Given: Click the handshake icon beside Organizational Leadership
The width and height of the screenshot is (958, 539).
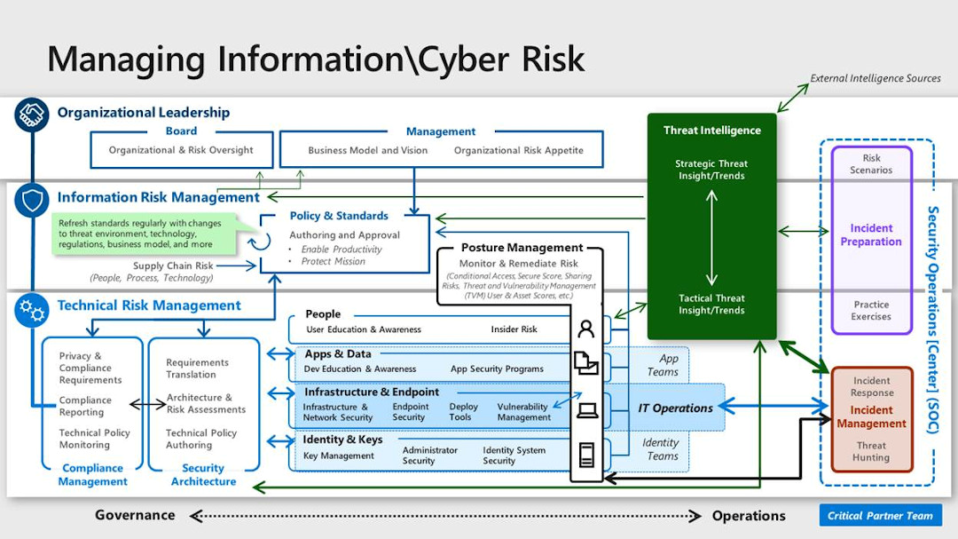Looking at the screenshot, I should click(32, 114).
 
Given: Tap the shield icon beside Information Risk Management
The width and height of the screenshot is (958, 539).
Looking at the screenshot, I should click(32, 200).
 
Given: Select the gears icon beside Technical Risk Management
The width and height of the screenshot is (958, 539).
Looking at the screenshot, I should click(32, 309).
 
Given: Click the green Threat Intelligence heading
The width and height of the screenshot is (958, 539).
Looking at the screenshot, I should click(711, 131).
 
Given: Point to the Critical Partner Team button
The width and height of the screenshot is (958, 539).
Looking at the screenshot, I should click(880, 516).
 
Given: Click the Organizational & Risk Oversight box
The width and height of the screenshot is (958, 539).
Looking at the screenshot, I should click(181, 150).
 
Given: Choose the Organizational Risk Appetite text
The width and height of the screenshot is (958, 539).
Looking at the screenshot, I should click(519, 150).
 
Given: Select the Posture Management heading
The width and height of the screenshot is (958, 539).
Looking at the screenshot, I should click(522, 248).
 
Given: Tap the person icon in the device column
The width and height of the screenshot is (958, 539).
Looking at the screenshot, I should click(585, 329).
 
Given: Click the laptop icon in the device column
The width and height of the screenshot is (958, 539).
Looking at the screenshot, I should click(586, 410).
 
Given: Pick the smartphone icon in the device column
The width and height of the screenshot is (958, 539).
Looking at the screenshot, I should click(586, 456).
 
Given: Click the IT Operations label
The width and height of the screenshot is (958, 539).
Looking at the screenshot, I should click(675, 408).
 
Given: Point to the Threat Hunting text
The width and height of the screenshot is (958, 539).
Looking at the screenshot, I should click(871, 451).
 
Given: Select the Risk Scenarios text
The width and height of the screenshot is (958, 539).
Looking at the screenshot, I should click(871, 164).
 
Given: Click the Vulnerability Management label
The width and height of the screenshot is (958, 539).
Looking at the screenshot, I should click(523, 412).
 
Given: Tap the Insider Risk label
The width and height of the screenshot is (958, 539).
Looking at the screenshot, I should click(514, 329).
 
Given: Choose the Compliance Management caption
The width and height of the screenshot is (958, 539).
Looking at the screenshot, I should click(92, 474).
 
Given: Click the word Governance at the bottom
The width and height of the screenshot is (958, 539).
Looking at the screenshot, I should click(135, 515).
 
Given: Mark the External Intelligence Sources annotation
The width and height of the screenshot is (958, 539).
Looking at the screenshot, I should click(875, 78).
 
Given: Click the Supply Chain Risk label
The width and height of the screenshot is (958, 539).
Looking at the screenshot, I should click(173, 266).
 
